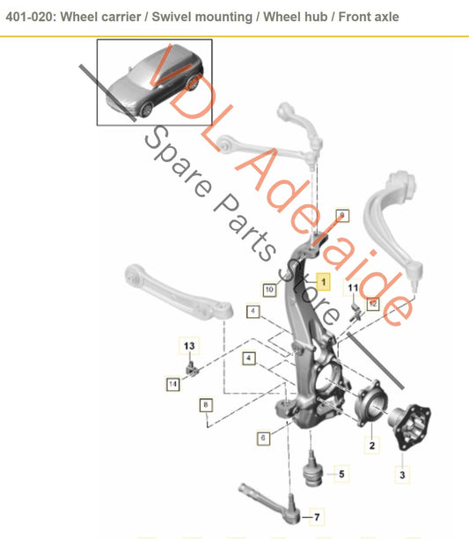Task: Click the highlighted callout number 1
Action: click(x=323, y=282)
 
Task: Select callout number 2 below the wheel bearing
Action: click(x=372, y=446)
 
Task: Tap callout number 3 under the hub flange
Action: click(x=402, y=475)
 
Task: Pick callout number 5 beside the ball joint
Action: click(x=341, y=474)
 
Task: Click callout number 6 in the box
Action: click(x=263, y=438)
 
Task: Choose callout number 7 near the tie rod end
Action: click(x=317, y=517)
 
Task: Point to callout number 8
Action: click(x=206, y=405)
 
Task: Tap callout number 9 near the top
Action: click(x=342, y=216)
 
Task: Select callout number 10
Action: click(x=269, y=290)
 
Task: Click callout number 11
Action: click(x=353, y=288)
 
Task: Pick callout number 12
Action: click(x=373, y=304)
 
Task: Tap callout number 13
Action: click(x=189, y=346)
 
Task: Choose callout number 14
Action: click(x=172, y=384)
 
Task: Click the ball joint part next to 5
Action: click(x=313, y=469)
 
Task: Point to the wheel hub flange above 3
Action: click(x=410, y=425)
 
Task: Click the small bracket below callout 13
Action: click(x=192, y=368)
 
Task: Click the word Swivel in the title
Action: click(x=172, y=17)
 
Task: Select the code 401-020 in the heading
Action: click(x=30, y=17)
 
